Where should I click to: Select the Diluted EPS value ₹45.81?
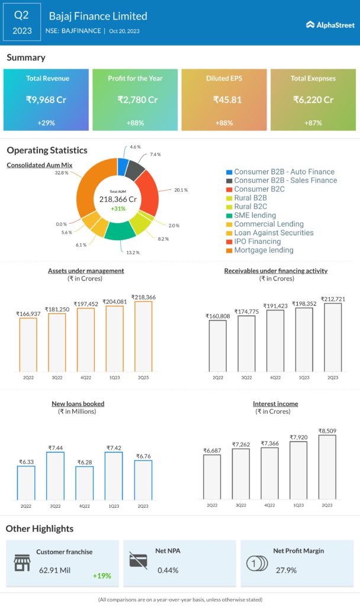coord(227,100)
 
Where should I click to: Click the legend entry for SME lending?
coord(255,215)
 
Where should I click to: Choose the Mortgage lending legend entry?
coord(263,250)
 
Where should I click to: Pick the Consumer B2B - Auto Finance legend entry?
coord(284,172)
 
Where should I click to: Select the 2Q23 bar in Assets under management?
coord(143,337)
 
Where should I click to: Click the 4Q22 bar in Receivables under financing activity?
coord(275,341)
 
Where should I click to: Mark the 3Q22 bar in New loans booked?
coord(55,476)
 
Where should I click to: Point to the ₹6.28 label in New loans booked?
coord(85,462)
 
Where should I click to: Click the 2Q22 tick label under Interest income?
coord(212,505)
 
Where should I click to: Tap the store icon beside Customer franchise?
coord(22,563)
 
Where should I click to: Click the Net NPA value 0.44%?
coord(169,570)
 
